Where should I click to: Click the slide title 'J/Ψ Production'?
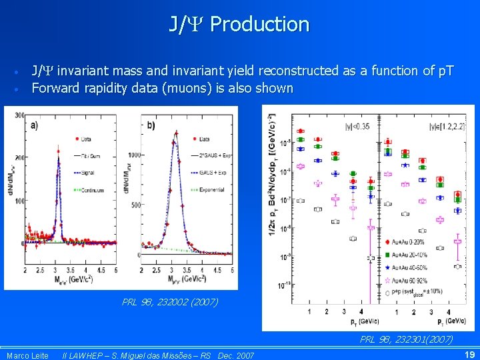pos(239,25)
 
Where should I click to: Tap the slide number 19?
pos(469,355)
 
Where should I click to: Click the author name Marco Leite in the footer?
pos(27,355)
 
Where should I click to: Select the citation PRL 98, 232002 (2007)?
pos(170,302)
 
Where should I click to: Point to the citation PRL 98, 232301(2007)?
pos(406,339)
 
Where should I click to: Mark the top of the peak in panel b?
pos(175,132)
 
